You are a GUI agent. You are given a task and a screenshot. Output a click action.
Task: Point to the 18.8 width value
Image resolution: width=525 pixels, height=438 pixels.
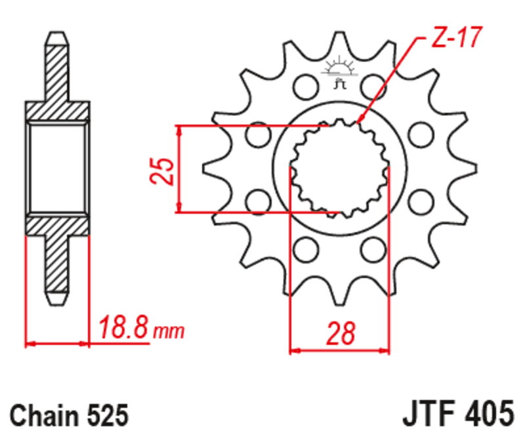click(123, 327)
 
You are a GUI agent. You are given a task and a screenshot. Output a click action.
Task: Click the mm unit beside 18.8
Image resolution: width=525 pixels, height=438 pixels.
click(168, 330)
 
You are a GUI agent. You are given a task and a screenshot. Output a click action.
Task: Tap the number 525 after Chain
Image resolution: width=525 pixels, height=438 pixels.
click(105, 417)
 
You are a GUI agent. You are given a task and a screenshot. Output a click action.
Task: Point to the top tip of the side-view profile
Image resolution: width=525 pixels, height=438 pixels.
click(57, 34)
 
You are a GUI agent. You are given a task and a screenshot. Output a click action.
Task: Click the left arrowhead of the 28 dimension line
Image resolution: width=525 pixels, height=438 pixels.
click(293, 350)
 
